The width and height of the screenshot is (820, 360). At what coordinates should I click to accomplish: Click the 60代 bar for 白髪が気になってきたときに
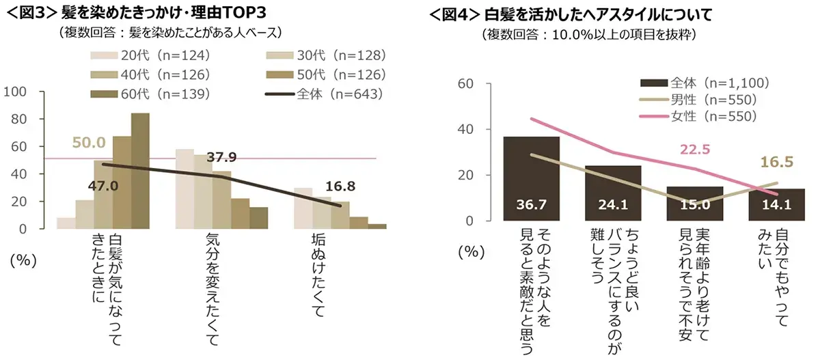(x=140, y=171)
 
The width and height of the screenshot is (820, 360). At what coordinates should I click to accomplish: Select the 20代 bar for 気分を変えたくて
(x=184, y=189)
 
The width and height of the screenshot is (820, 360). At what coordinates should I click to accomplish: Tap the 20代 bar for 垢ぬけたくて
(x=303, y=208)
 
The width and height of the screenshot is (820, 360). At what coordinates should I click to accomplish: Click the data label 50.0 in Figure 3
(x=88, y=143)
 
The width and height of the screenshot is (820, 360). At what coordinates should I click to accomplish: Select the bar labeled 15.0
(x=694, y=204)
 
